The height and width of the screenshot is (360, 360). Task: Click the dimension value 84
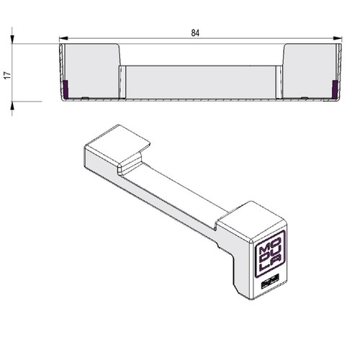195,33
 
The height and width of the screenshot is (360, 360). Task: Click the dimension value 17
7,75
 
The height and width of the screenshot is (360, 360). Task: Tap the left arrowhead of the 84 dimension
63,38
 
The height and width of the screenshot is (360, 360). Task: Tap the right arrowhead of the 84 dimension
338,38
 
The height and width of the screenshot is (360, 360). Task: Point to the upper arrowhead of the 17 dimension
12,40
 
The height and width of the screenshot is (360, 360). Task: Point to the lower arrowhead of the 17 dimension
12,106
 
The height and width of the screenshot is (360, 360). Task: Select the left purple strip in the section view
66,89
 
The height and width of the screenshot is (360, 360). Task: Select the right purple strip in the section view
335,89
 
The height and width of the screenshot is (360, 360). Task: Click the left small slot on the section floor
85,98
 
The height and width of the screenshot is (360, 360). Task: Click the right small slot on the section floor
305,98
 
